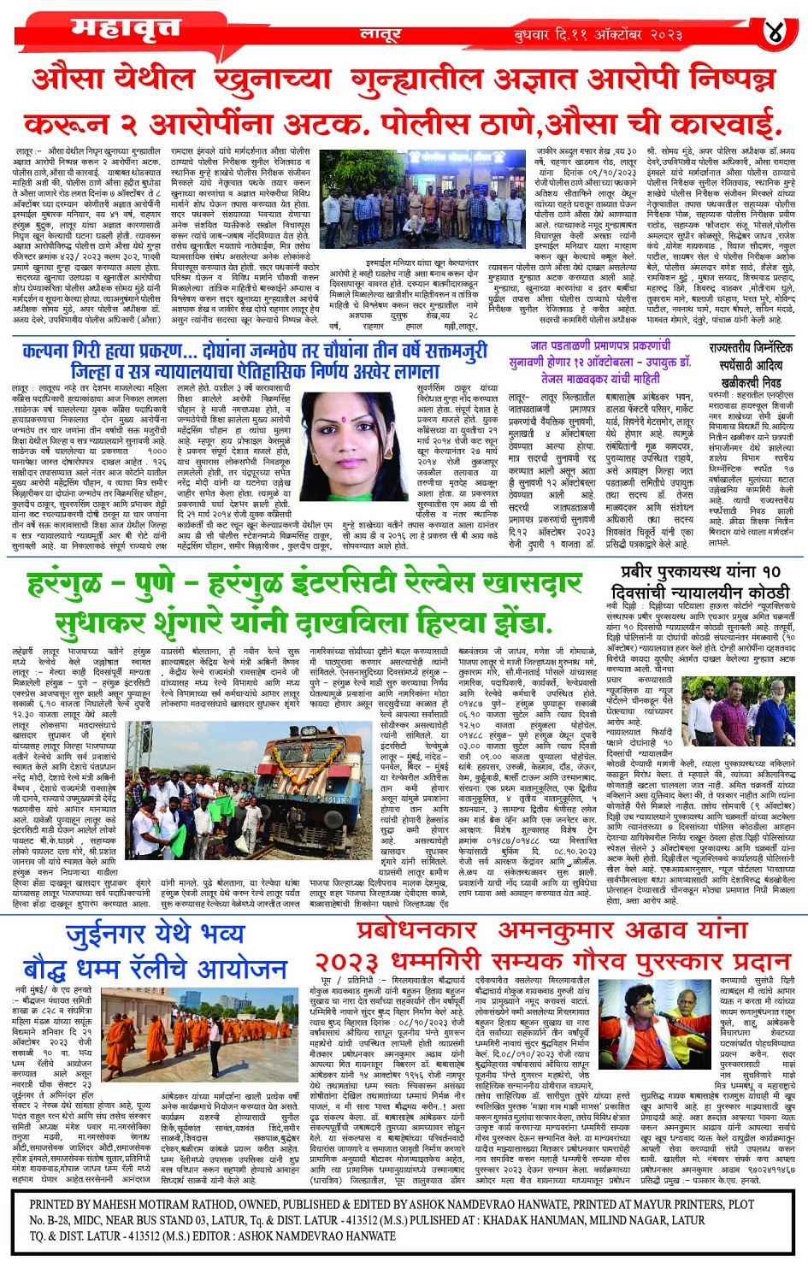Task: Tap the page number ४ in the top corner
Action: pos(774,32)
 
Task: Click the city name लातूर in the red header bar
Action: pos(380,34)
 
